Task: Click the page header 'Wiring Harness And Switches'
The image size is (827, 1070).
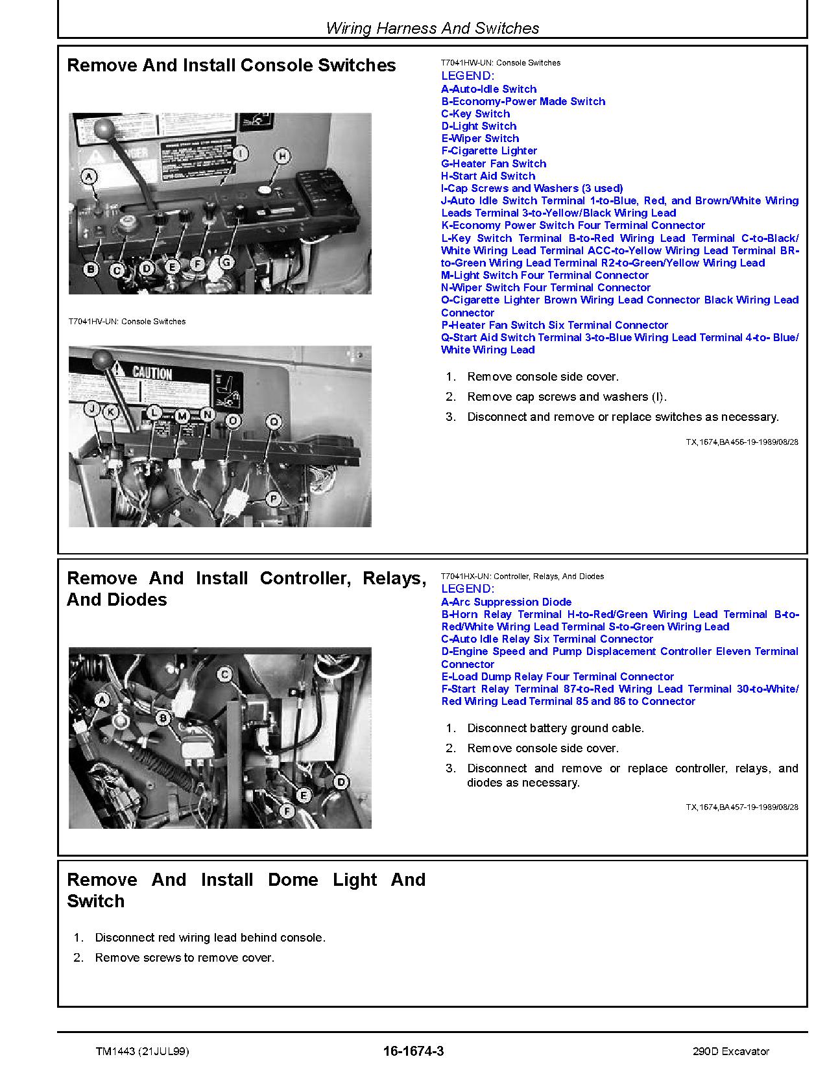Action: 432,29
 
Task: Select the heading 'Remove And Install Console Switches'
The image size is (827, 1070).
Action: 232,65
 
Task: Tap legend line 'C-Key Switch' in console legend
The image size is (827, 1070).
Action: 475,113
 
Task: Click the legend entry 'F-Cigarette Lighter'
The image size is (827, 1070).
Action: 489,151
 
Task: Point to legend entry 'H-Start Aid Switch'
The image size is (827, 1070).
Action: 488,176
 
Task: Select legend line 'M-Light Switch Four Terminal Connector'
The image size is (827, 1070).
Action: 544,275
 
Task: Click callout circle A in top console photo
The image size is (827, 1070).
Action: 90,176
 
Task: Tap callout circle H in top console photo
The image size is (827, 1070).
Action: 282,156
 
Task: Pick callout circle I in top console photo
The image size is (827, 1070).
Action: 240,154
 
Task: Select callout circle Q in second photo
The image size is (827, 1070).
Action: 274,422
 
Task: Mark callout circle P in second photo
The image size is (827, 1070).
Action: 274,499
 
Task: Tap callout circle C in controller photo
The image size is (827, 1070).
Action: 224,674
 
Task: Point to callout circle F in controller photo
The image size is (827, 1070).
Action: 286,811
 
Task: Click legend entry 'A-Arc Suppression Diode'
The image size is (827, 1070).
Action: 506,602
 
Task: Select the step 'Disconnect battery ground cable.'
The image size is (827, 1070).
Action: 555,728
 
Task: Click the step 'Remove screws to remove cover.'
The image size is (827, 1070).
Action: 184,958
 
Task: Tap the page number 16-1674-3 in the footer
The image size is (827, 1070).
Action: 413,1051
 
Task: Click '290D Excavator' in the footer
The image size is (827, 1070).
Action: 730,1051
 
